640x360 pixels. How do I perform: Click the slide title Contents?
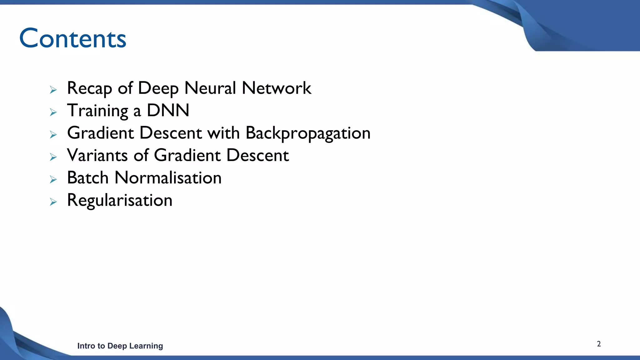[72, 38]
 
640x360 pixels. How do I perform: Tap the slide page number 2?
[599, 344]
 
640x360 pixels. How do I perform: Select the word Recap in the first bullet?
[89, 88]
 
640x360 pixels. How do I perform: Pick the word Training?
[97, 111]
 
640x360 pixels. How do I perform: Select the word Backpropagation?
[308, 133]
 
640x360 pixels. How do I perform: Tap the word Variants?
[97, 155]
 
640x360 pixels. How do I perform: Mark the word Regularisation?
[120, 200]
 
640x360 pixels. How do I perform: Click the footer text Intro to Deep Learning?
[120, 346]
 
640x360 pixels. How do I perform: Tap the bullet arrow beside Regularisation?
[53, 202]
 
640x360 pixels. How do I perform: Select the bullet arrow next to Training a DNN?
[53, 112]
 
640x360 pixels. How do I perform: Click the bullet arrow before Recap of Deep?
[53, 90]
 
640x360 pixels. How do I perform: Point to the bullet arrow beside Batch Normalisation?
[53, 179]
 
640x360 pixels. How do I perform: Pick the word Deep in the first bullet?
[158, 88]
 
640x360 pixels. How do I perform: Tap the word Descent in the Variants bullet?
[257, 155]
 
